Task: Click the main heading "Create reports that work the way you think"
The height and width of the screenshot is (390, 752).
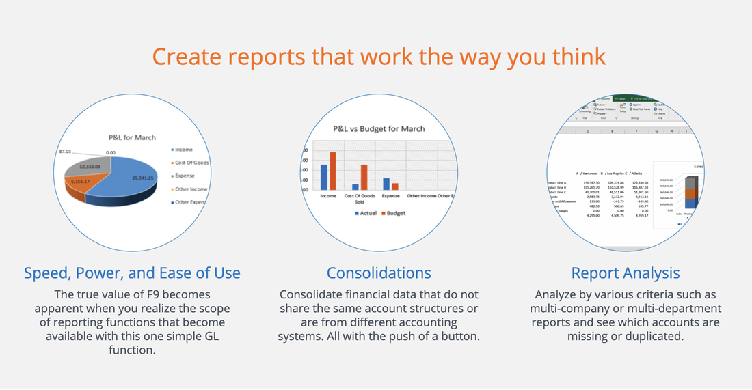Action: click(379, 56)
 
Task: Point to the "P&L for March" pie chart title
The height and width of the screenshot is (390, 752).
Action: click(131, 137)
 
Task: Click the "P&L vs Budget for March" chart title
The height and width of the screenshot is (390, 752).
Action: click(378, 128)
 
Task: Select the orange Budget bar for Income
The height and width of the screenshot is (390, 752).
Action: click(333, 171)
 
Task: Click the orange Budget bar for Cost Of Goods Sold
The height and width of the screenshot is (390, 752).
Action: click(364, 177)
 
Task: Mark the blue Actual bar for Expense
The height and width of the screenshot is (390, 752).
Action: click(386, 184)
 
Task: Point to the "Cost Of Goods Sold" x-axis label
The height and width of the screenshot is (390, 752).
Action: click(360, 199)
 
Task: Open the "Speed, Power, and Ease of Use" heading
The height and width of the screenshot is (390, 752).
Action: click(132, 273)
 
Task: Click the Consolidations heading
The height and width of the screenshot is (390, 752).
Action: click(379, 273)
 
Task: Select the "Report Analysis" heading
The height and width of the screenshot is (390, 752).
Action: click(626, 273)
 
